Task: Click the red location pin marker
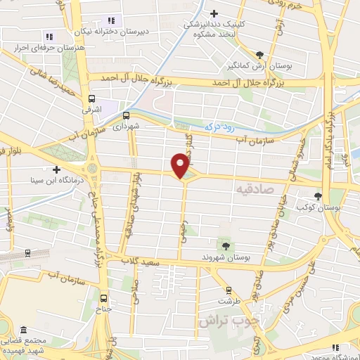[x=181, y=166]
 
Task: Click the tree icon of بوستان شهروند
[x=226, y=245]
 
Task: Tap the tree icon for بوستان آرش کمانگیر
[x=261, y=53]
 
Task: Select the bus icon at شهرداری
[x=126, y=115]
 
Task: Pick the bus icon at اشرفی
[x=92, y=99]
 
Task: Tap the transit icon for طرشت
[x=228, y=290]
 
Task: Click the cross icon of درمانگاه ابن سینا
[x=56, y=169]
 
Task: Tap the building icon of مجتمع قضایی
[x=24, y=330]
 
